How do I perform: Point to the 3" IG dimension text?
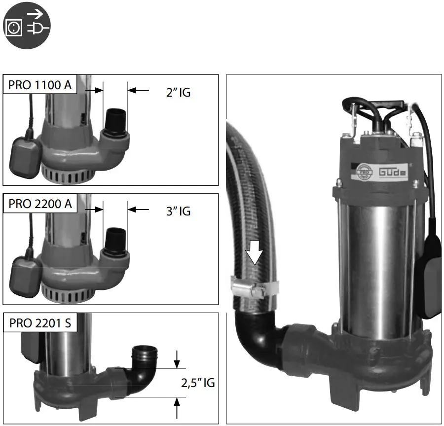pos(178,211)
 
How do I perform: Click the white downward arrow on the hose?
pos(255,252)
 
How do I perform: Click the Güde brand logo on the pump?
pos(393,173)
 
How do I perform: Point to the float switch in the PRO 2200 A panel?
pos(24,272)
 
